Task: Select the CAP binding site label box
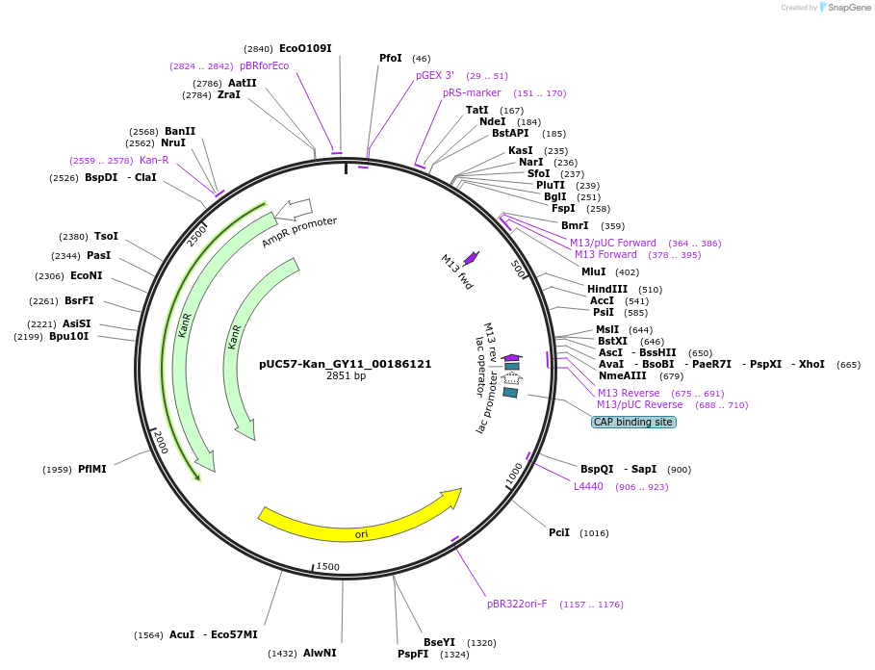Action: [633, 422]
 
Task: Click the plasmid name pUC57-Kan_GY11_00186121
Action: [345, 365]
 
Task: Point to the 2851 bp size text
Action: [346, 376]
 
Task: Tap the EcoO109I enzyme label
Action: [305, 48]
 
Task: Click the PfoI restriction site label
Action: [391, 58]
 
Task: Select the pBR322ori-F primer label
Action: [517, 604]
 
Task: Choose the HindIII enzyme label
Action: [606, 289]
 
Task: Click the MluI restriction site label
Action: [593, 271]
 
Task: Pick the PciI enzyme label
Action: [559, 532]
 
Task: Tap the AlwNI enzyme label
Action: [320, 653]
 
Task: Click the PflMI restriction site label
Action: [92, 469]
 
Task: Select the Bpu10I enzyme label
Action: [69, 337]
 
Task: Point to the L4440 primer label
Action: [588, 486]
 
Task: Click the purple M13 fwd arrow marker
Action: [471, 258]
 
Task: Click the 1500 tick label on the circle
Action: [328, 567]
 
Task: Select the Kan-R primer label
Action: [154, 160]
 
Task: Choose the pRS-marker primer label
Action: [472, 92]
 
